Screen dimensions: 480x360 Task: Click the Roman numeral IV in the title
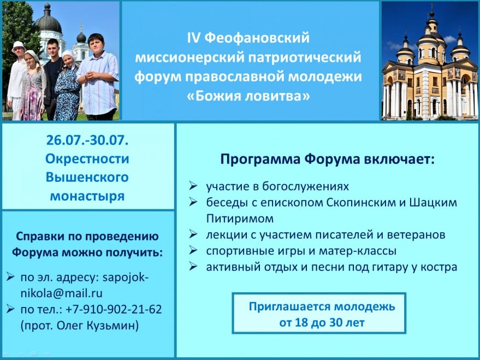pyautogui.click(x=193, y=38)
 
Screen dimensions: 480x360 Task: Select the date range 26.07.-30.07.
pyautogui.click(x=87, y=140)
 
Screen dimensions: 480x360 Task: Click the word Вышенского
pyautogui.click(x=87, y=177)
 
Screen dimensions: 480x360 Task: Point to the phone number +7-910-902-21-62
pyautogui.click(x=114, y=309)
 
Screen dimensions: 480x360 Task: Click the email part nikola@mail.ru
pyautogui.click(x=62, y=293)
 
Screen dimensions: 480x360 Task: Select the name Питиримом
pyautogui.click(x=240, y=219)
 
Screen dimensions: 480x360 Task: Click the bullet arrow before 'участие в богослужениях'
pyautogui.click(x=193, y=186)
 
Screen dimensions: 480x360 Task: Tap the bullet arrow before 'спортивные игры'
pyautogui.click(x=193, y=250)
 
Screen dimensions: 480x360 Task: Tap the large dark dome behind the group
pyautogui.click(x=48, y=21)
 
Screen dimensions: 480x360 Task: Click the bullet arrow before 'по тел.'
pyautogui.click(x=10, y=309)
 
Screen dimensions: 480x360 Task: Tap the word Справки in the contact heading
pyautogui.click(x=39, y=237)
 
